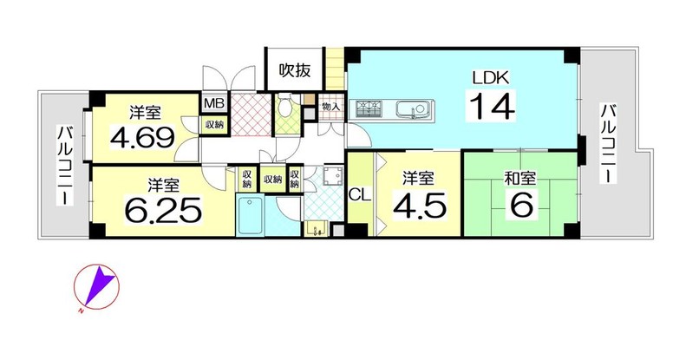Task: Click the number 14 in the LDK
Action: [492, 105]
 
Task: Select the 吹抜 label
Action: [294, 69]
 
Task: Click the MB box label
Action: [215, 103]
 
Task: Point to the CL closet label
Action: [360, 196]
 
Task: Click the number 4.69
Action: [141, 139]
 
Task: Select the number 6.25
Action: [163, 211]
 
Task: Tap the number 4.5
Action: [419, 206]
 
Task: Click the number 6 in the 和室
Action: [520, 206]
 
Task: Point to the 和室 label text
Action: [519, 180]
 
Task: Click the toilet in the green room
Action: [284, 105]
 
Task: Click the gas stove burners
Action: [369, 109]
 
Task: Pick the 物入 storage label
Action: [331, 107]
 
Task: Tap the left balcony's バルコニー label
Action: [64, 165]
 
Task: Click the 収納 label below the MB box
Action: [215, 125]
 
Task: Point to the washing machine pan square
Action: [331, 177]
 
